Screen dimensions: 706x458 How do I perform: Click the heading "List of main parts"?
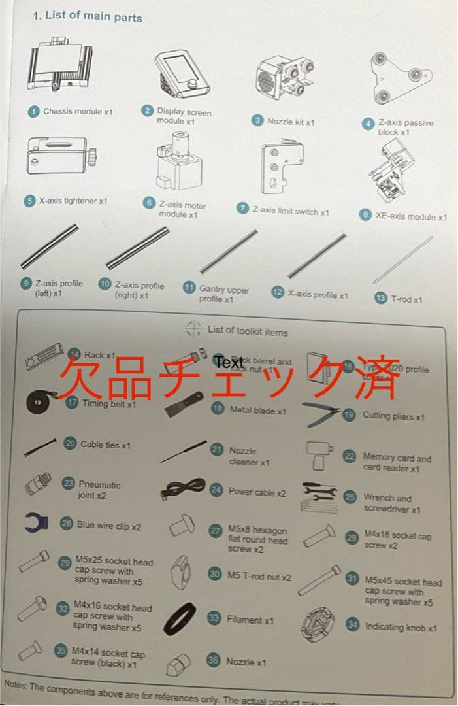pyautogui.click(x=93, y=17)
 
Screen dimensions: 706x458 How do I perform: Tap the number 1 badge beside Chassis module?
pyautogui.click(x=34, y=111)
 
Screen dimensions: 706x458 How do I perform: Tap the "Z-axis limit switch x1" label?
pyautogui.click(x=291, y=211)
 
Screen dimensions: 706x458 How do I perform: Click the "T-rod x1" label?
pyautogui.click(x=406, y=299)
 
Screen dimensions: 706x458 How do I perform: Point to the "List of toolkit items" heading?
pyautogui.click(x=247, y=331)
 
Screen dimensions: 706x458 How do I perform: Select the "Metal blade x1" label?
pyautogui.click(x=257, y=411)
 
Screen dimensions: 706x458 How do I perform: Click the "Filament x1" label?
pyautogui.click(x=250, y=619)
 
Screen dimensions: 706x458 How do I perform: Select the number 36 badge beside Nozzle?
pyautogui.click(x=213, y=660)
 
